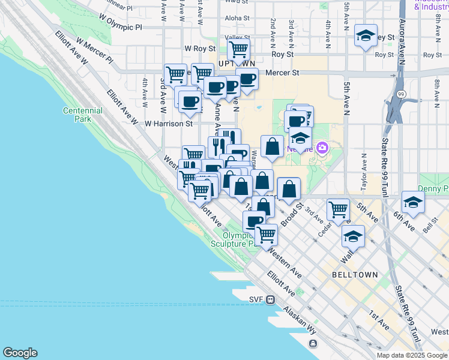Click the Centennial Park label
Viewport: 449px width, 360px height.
[x=77, y=115]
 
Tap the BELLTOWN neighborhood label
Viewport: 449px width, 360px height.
[x=355, y=274]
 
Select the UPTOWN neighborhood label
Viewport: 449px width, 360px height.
[x=237, y=63]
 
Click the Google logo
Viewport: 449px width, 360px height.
[x=20, y=353]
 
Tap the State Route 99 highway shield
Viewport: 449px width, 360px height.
[x=400, y=94]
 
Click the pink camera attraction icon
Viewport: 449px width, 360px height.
[x=322, y=147]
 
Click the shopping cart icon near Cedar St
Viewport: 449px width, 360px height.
[x=338, y=210]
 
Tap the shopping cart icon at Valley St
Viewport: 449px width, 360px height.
[x=239, y=50]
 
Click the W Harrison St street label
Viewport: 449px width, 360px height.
[x=169, y=124]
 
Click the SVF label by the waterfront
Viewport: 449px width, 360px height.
[x=256, y=299]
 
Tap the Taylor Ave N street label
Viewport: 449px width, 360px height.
[x=363, y=172]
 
